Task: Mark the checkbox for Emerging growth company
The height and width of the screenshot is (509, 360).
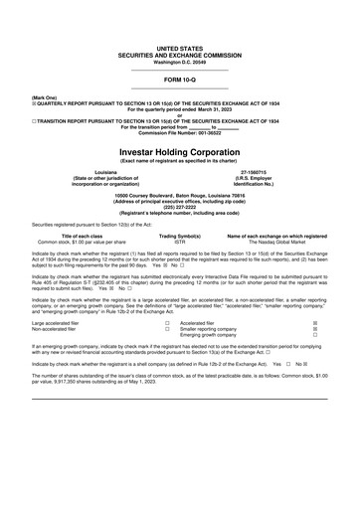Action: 315,336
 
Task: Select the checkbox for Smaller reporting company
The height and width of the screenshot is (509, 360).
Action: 315,330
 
